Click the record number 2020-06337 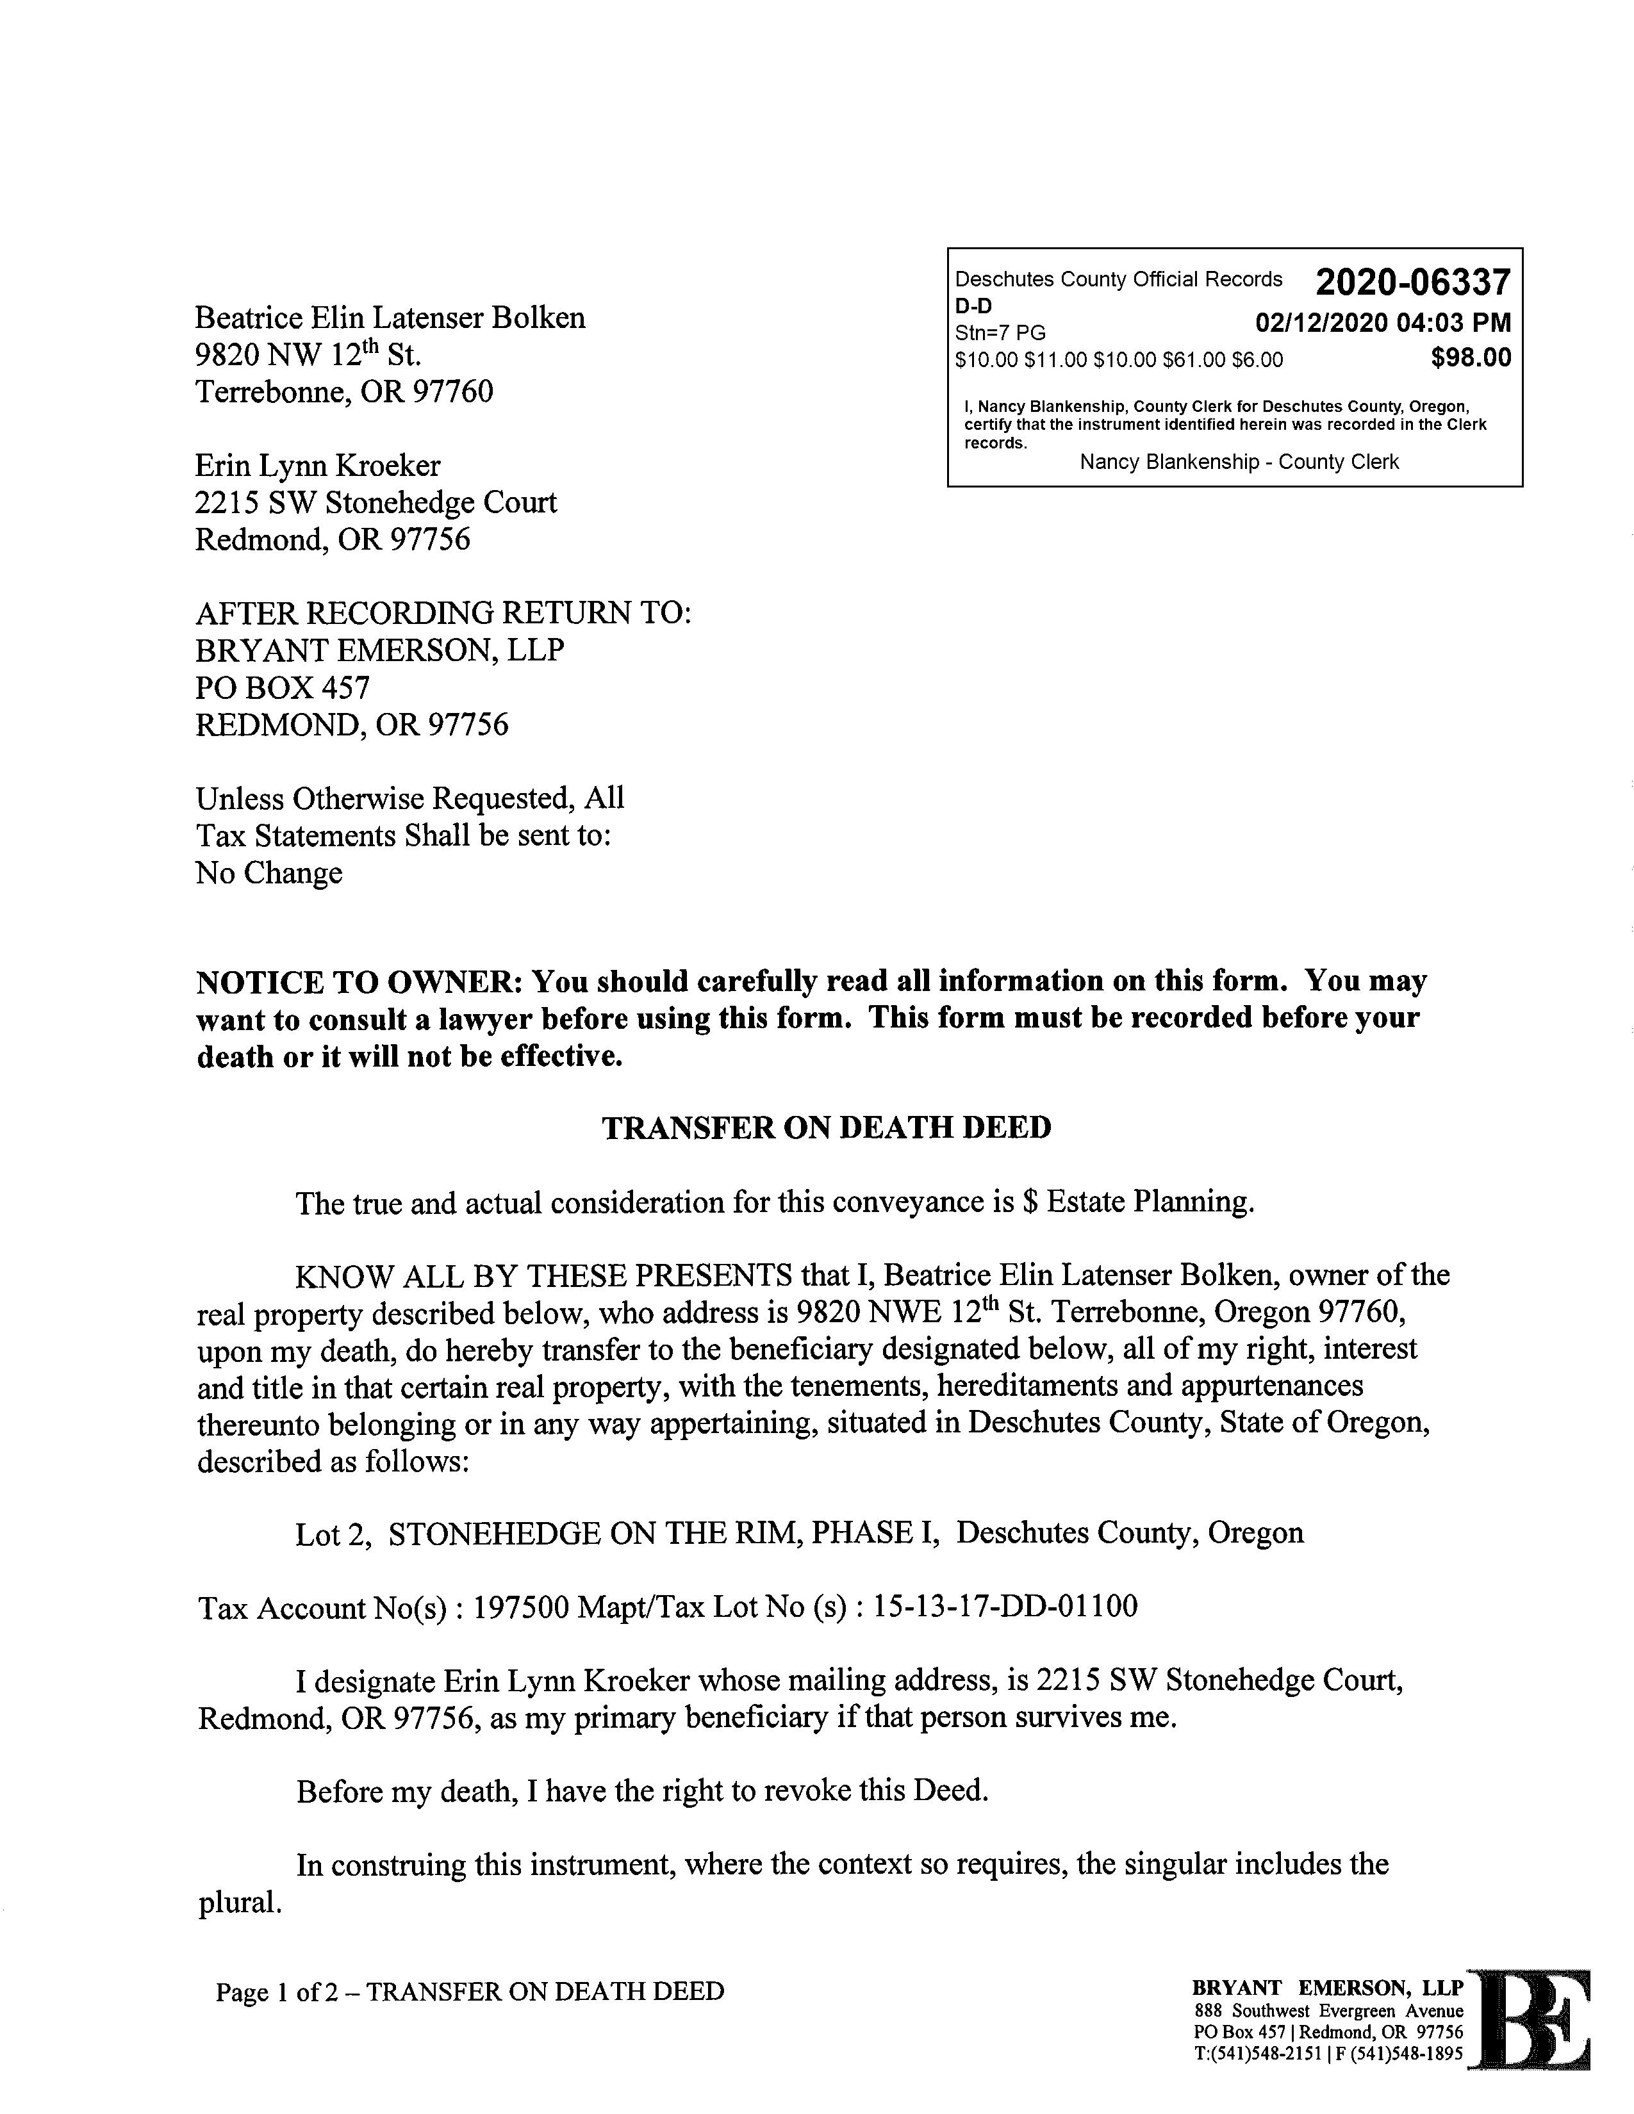[1412, 283]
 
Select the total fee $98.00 [1471, 358]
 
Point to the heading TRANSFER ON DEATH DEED [827, 1127]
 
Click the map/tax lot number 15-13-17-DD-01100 [1005, 1607]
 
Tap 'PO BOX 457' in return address [283, 688]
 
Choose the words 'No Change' [269, 873]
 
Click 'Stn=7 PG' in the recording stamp [1000, 334]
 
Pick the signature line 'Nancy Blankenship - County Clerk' [1239, 463]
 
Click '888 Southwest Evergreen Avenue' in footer [1328, 2012]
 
